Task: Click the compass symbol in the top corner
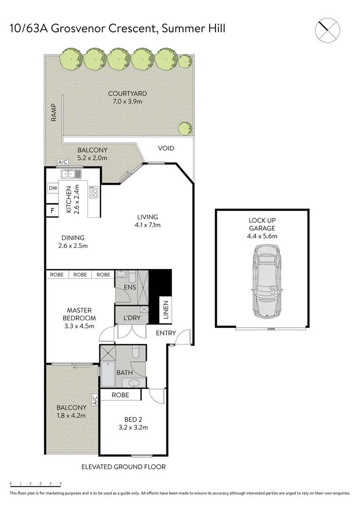[328, 29]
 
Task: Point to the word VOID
[166, 148]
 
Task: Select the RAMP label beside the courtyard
[54, 113]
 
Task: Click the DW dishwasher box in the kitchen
[52, 189]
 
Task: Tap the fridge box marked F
[52, 210]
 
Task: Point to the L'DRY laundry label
[131, 318]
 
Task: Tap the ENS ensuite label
[129, 287]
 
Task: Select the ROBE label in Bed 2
[120, 395]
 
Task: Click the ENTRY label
[166, 333]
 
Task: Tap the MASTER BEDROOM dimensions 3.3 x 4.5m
[79, 325]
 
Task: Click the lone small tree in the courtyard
[184, 127]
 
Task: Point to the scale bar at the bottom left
[35, 484]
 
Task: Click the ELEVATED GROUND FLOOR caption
[123, 467]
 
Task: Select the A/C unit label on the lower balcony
[95, 401]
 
